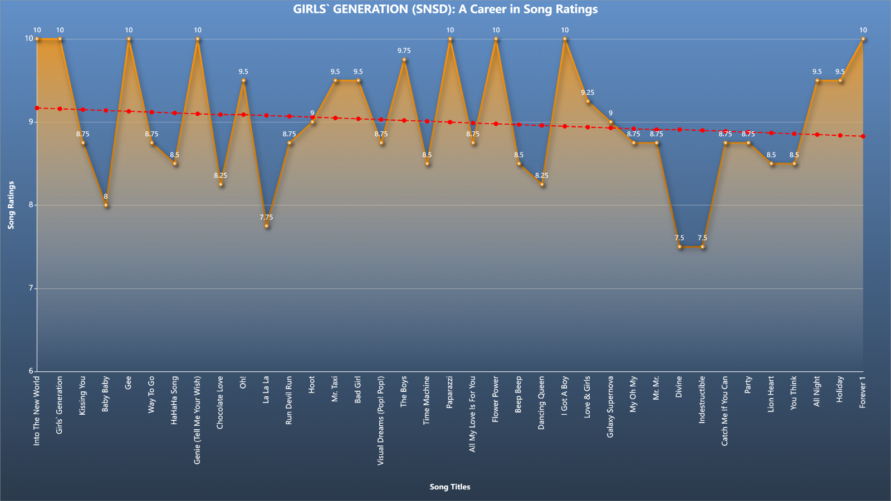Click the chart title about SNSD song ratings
[445, 9]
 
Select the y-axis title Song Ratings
[11, 205]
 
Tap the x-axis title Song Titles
[450, 487]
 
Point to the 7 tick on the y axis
[31, 288]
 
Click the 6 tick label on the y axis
[31, 371]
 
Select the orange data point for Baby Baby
[106, 205]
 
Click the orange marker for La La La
[267, 226]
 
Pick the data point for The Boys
[404, 60]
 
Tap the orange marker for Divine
[679, 247]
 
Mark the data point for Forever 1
[863, 39]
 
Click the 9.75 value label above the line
[404, 51]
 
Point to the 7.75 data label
[267, 217]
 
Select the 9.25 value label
[588, 92]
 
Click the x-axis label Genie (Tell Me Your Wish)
[197, 420]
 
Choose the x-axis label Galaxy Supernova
[610, 407]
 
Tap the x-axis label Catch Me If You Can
[724, 411]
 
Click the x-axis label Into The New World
[37, 411]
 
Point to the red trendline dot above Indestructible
[702, 130]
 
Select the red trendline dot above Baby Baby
[106, 110]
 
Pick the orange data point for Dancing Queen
[542, 184]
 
